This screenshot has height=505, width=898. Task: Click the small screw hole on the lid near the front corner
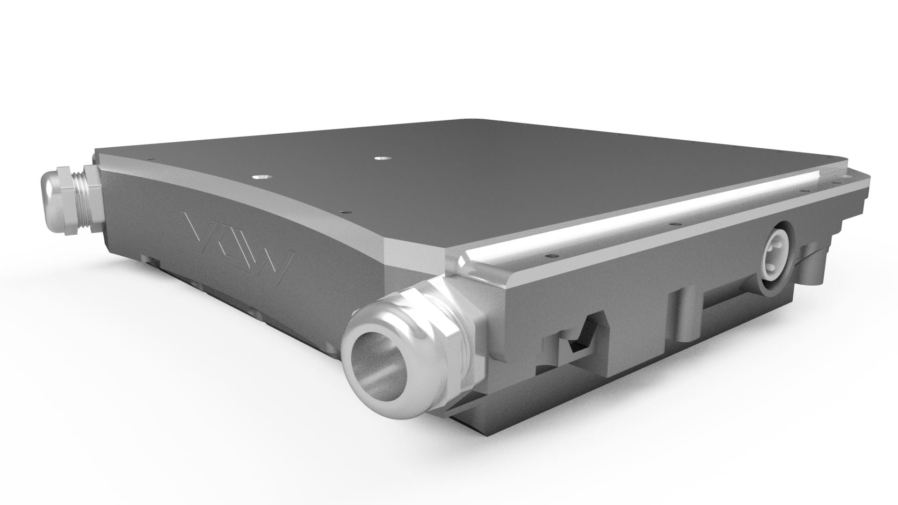[346, 211]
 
